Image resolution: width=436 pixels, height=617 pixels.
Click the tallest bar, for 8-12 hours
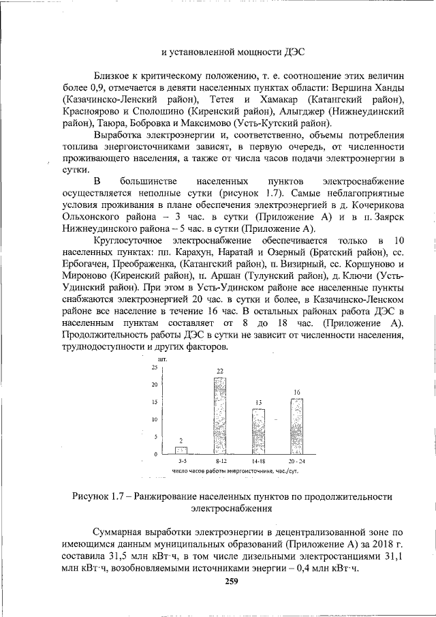220,415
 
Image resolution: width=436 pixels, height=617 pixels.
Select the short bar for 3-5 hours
181,450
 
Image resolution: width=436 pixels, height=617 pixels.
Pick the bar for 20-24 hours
297,425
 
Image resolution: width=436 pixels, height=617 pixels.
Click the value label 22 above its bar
220,371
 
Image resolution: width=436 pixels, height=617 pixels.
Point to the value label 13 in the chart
259,403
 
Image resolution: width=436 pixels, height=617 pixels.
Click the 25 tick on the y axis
154,367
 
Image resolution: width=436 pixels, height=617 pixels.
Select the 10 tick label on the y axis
154,419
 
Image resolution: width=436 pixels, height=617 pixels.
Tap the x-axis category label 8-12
220,462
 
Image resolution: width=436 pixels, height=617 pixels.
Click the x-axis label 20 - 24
297,462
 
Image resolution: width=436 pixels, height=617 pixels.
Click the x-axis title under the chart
236,471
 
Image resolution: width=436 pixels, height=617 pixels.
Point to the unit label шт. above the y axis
162,358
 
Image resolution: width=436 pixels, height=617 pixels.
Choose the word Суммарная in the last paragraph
120,531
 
